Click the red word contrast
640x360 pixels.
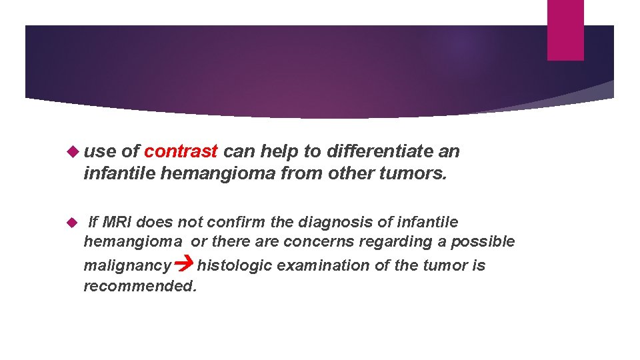pos(181,151)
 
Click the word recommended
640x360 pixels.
pos(140,287)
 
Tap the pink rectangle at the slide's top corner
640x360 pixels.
pos(565,30)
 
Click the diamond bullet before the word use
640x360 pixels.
pos(73,151)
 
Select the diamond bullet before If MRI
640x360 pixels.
pos(73,221)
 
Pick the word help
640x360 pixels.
pos(275,151)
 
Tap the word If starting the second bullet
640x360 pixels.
pos(94,221)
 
